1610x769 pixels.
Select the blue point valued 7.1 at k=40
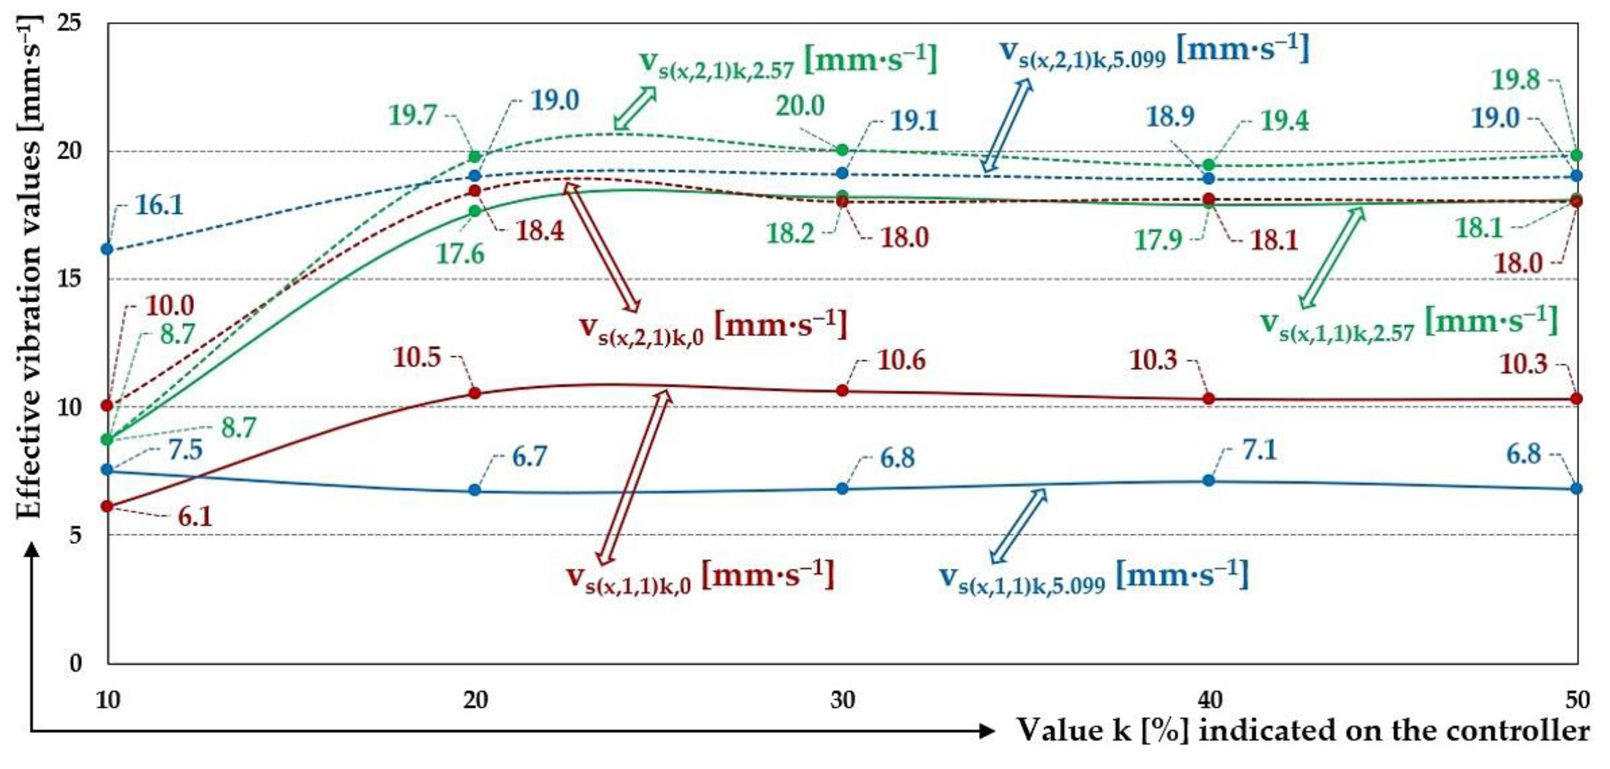(1209, 480)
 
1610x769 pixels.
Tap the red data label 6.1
(195, 517)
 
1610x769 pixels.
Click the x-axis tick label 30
(842, 700)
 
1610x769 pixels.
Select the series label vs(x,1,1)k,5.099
(1094, 577)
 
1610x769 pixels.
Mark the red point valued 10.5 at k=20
(475, 393)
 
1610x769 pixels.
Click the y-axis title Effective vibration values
(28, 269)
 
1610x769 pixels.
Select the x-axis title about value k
(1303, 730)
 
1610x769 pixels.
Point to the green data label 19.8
(1516, 80)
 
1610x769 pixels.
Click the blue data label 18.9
(1170, 116)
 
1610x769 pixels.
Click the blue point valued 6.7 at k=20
(475, 489)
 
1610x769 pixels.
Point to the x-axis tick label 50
(1577, 700)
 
